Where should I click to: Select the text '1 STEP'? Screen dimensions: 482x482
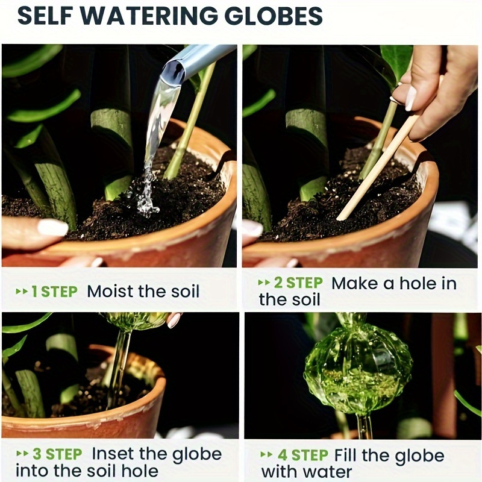(x=54, y=292)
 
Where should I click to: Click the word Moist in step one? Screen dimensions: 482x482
(x=112, y=292)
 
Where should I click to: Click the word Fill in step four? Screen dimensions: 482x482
(x=346, y=455)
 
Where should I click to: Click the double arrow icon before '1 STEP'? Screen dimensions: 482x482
(x=22, y=292)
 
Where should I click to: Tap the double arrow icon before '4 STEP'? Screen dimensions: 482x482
(x=266, y=455)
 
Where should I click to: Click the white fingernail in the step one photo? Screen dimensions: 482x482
(x=52, y=227)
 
